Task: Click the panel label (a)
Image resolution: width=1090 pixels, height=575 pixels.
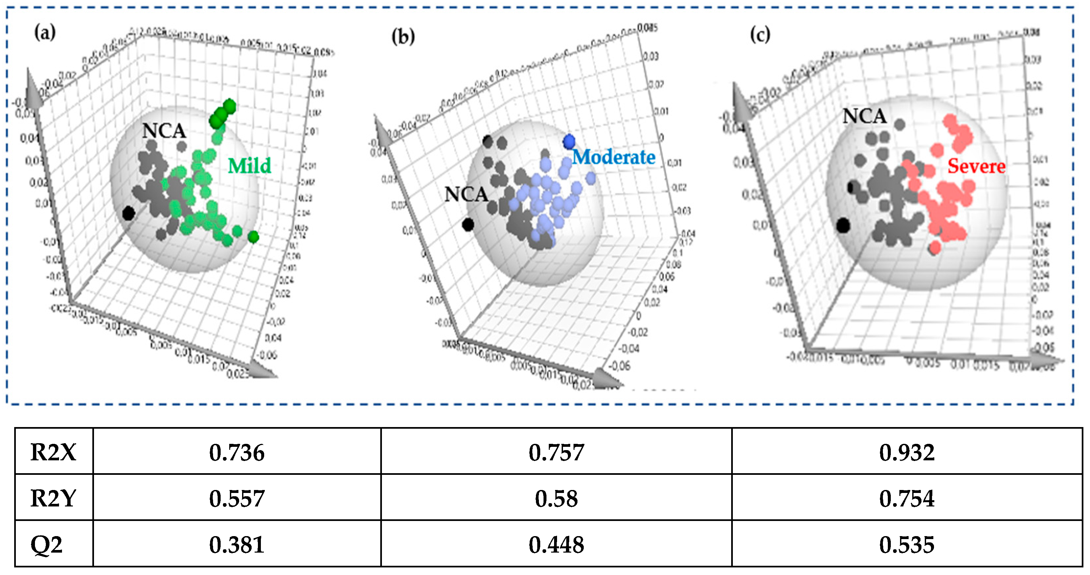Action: pyautogui.click(x=45, y=33)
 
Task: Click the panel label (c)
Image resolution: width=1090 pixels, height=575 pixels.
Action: pyautogui.click(x=760, y=34)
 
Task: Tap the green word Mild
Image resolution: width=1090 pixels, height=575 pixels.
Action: pyautogui.click(x=249, y=166)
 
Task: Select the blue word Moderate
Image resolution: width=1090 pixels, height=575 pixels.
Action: pyautogui.click(x=613, y=157)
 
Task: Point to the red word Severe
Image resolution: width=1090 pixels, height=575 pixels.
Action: pyautogui.click(x=976, y=166)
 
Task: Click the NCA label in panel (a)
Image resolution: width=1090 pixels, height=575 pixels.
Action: pyautogui.click(x=164, y=131)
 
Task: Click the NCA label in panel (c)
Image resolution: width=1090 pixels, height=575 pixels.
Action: pyautogui.click(x=864, y=116)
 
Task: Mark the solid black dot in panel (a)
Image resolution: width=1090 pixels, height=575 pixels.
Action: pyautogui.click(x=128, y=214)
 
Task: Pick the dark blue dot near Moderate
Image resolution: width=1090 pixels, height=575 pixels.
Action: pyautogui.click(x=569, y=142)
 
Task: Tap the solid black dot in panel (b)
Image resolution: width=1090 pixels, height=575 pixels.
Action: pyautogui.click(x=468, y=224)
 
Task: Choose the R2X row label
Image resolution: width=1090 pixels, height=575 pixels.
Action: pyautogui.click(x=53, y=452)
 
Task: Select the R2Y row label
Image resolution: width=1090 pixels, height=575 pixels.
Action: pyautogui.click(x=53, y=498)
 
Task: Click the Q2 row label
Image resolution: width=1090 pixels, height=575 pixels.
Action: pyautogui.click(x=47, y=544)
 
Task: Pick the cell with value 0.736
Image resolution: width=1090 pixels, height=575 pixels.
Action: pyautogui.click(x=236, y=452)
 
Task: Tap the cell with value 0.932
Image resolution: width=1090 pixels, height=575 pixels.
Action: pyautogui.click(x=906, y=452)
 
